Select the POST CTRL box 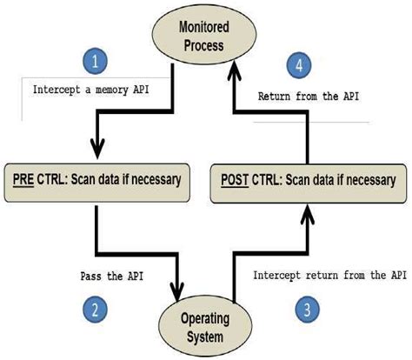[x=307, y=181]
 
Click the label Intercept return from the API [x=329, y=275]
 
